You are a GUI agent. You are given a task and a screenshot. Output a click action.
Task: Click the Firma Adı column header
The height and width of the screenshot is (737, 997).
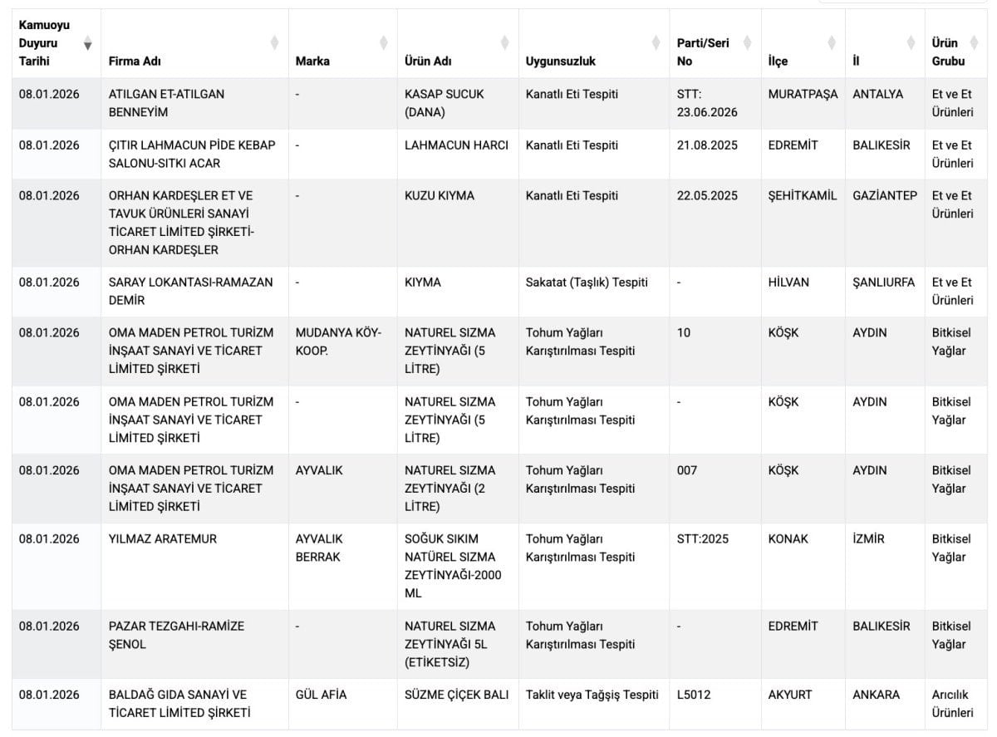pos(135,61)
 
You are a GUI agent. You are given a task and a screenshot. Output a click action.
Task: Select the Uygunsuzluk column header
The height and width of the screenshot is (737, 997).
pos(561,61)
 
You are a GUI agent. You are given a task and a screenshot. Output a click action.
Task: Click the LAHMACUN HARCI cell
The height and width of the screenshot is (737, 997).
pos(456,145)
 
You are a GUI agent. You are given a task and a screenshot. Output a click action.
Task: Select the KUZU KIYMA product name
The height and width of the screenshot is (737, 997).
pos(440,196)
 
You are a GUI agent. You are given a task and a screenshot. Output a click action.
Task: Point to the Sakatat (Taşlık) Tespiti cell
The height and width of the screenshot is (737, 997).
pos(587,283)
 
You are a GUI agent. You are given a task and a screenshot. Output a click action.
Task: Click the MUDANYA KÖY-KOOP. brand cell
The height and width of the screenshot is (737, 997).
pos(338,341)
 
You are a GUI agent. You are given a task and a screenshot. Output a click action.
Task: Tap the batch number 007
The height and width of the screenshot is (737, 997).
pos(687,470)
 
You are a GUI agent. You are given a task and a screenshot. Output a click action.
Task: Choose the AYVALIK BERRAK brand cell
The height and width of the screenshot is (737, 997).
pos(319,548)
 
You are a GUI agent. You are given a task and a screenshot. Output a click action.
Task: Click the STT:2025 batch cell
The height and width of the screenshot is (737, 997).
pos(702,539)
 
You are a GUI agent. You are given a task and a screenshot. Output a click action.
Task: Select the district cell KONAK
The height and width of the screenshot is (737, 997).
pos(788,539)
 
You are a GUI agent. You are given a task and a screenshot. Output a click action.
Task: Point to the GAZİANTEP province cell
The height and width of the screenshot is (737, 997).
pos(885,196)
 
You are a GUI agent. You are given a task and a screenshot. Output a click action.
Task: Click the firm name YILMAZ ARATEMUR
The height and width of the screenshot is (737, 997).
pos(163,539)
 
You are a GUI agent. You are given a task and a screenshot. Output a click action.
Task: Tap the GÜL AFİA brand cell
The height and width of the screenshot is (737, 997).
pos(321,695)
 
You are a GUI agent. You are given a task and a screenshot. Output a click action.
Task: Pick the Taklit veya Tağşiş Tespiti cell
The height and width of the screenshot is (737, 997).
pos(592,695)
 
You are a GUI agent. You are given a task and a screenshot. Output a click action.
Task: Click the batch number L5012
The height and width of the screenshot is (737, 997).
pos(694,695)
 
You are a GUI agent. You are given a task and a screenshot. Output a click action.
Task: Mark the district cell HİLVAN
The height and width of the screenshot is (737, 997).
pos(789,283)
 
